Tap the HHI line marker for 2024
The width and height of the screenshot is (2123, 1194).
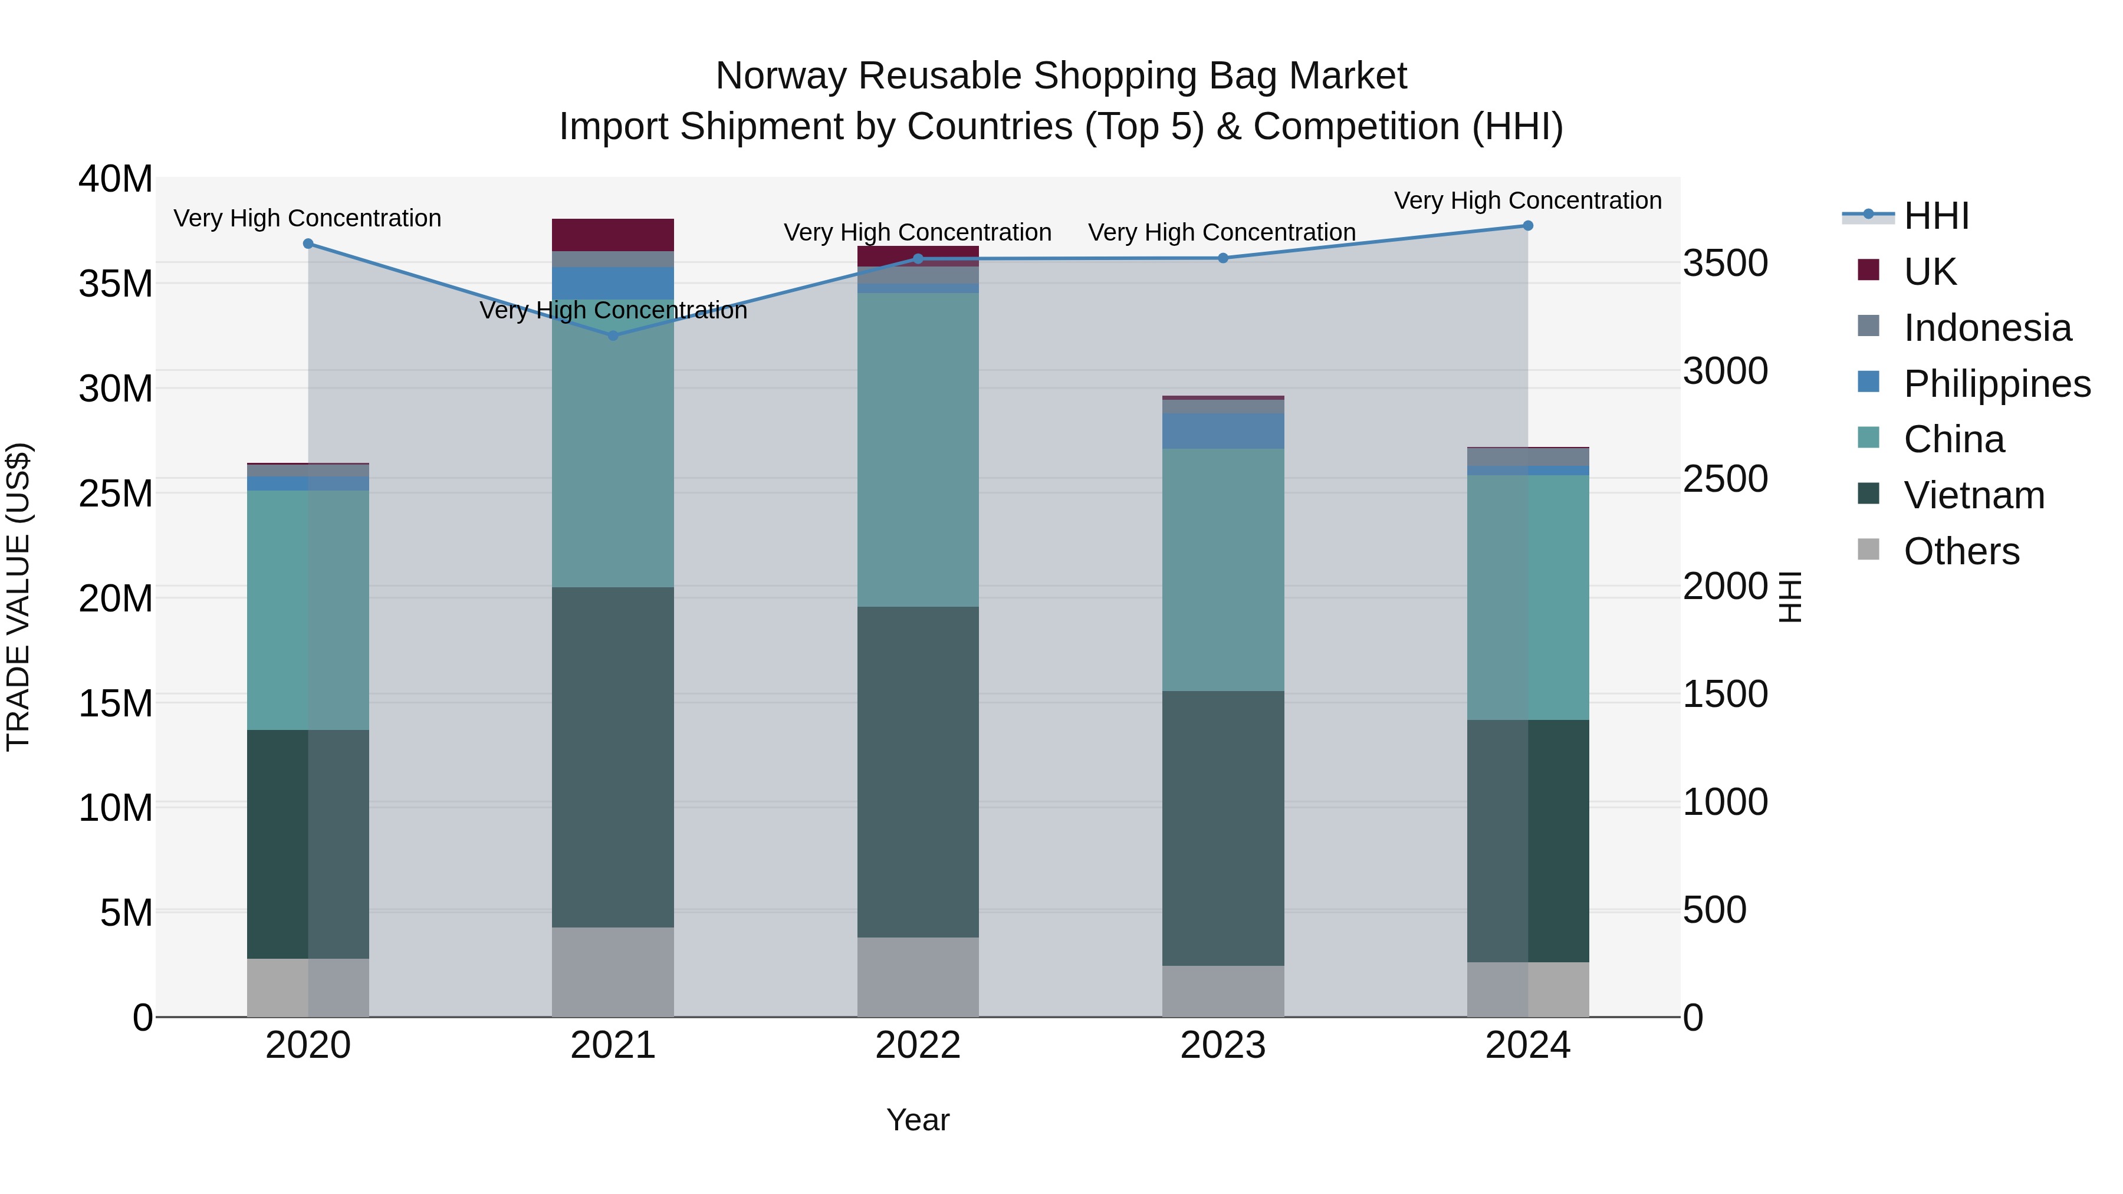pos(1527,226)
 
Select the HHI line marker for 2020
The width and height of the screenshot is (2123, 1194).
pos(308,244)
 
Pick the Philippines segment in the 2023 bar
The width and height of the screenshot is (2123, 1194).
pos(1222,431)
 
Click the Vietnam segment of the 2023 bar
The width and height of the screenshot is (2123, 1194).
pos(1222,828)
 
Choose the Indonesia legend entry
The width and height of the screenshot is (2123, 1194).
pos(1987,328)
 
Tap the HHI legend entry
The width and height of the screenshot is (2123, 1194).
pos(1936,216)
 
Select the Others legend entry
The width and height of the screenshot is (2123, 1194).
pos(1961,551)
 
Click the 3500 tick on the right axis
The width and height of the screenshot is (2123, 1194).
pos(1725,264)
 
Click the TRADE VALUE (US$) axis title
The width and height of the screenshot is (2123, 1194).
pos(18,597)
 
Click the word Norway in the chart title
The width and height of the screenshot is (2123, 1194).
pos(780,76)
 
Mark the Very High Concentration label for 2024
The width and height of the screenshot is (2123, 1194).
pos(1527,200)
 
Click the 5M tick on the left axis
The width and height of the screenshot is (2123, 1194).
pos(126,913)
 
